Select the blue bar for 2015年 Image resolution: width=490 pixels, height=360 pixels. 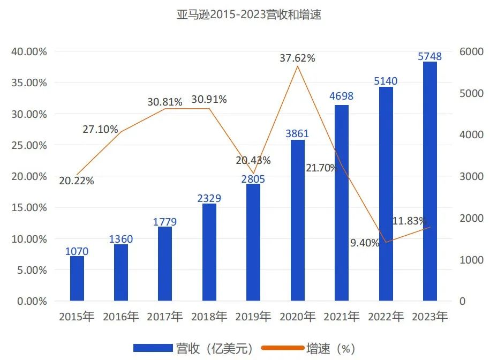[x=77, y=279]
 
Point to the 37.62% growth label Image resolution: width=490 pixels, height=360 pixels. [x=297, y=58]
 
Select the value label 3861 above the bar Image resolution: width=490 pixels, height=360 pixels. [x=297, y=133]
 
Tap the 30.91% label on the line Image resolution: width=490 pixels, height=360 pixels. [x=209, y=100]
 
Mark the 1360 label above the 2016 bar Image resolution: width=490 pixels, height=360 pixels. [x=121, y=239]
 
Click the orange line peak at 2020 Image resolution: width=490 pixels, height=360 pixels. [x=297, y=66]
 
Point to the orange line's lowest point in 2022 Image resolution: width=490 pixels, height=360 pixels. [x=386, y=242]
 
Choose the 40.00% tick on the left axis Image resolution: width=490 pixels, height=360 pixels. [x=29, y=52]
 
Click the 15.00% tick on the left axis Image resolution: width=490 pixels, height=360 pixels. [x=29, y=208]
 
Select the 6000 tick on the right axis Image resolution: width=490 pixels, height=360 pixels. [x=471, y=52]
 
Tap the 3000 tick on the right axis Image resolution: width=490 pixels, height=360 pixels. [x=471, y=177]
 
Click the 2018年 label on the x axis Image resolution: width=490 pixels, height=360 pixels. [x=209, y=317]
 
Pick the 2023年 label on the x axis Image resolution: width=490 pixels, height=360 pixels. [x=429, y=317]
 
